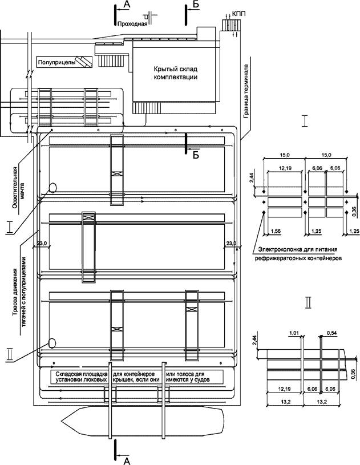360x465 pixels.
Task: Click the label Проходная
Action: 131,24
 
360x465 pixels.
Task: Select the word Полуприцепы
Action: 54,60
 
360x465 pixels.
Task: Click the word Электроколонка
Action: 280,249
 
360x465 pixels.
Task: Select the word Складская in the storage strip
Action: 68,374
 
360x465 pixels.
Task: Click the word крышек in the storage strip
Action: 122,379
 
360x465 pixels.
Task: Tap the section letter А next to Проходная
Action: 126,5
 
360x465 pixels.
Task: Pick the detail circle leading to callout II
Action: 53,343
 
